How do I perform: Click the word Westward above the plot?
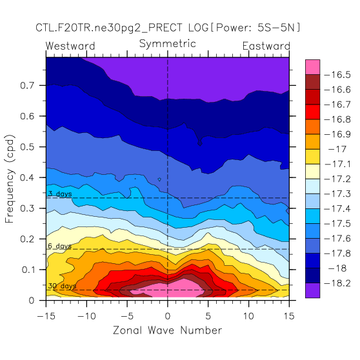tap(70, 46)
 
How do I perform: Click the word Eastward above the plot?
tap(266, 46)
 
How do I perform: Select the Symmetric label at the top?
tap(168, 44)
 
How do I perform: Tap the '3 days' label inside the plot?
tap(60, 194)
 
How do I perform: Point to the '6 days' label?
tap(60, 246)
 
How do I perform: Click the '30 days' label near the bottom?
tap(62, 286)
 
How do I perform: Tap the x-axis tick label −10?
tap(86, 316)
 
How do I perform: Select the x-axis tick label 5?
tap(208, 316)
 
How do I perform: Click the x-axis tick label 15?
tap(289, 316)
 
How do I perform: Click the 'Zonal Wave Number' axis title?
tap(167, 330)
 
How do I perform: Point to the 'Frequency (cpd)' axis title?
tap(10, 179)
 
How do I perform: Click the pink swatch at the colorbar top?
tap(312, 67)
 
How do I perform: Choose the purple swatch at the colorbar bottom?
tap(312, 290)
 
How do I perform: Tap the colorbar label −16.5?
tap(337, 75)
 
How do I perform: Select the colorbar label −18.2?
tap(337, 283)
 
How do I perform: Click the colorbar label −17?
tap(337, 149)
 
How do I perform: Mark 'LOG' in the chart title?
tap(198, 28)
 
